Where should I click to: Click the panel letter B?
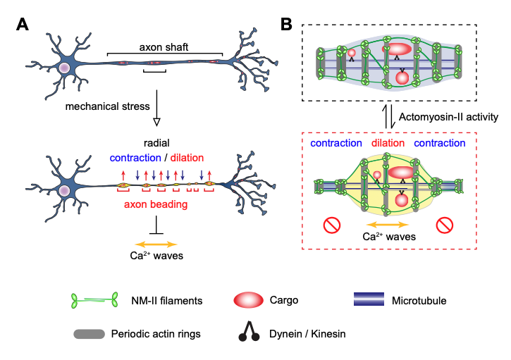click(x=286, y=24)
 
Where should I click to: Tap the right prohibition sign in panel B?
click(x=444, y=225)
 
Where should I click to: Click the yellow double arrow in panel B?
click(x=387, y=225)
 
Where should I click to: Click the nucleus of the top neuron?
click(x=64, y=68)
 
